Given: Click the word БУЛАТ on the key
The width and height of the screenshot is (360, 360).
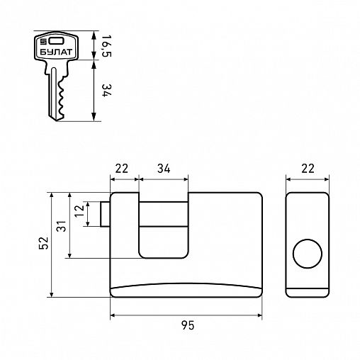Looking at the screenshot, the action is (56, 52).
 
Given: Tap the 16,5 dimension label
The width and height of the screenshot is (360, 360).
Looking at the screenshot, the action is (106, 46).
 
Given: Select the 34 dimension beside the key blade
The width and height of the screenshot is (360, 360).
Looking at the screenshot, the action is (106, 91).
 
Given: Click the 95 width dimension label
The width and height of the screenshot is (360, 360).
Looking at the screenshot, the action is (188, 325).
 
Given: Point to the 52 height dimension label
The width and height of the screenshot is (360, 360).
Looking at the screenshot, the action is (44, 242).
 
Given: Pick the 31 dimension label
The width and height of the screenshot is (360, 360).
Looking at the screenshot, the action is (62, 226).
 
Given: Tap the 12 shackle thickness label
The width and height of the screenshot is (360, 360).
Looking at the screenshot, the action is (79, 211).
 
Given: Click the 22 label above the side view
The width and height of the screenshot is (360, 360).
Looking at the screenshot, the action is (308, 169).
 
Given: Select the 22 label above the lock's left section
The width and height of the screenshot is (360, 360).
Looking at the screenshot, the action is (122, 169).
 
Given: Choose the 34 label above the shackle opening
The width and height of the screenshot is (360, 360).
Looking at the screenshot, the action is (164, 169).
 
